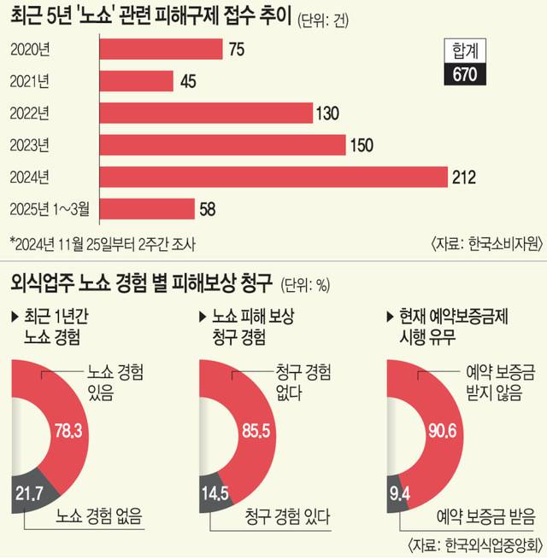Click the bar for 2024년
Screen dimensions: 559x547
click(x=273, y=177)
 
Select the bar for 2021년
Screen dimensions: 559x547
click(x=137, y=81)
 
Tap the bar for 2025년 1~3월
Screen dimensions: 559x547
click(x=148, y=208)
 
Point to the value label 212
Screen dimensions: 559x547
click(x=465, y=178)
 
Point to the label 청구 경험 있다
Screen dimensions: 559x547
click(x=286, y=516)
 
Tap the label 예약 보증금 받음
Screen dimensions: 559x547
click(x=483, y=516)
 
